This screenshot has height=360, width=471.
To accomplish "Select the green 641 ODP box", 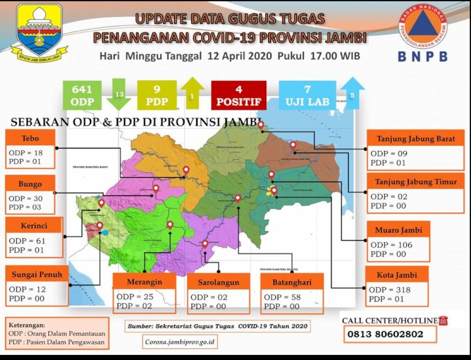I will (82, 95).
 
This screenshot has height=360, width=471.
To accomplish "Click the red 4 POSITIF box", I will (238, 95).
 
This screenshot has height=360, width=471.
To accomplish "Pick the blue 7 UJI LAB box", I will (307, 95).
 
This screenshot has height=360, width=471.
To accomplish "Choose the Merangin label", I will (144, 281).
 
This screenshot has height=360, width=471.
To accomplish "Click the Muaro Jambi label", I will (398, 230).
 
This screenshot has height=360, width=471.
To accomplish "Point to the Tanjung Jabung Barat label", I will (415, 138).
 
